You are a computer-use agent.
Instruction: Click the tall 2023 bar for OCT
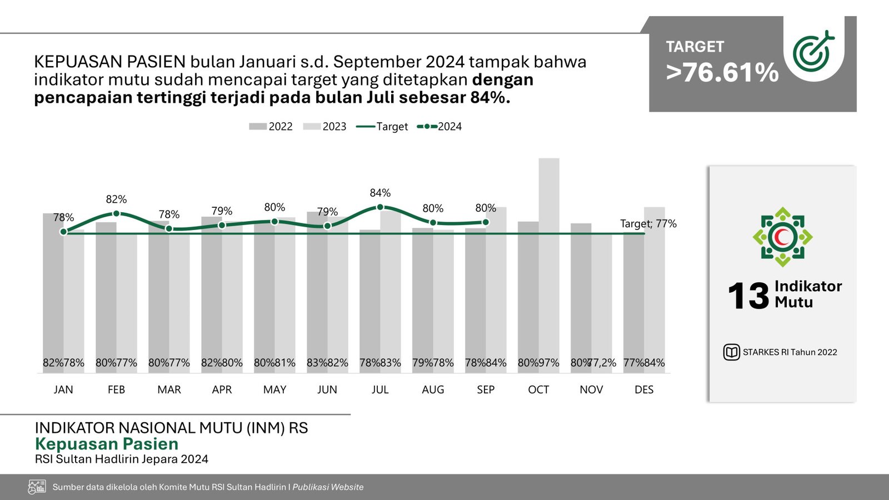[549, 261]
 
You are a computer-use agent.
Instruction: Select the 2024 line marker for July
[380, 207]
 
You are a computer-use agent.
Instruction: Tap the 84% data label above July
[380, 193]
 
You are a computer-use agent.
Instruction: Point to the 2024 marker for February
[116, 213]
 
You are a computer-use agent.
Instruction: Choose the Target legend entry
[382, 127]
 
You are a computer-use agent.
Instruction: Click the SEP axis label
[486, 389]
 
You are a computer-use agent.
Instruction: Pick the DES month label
[644, 389]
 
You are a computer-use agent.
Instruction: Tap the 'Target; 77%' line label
[648, 224]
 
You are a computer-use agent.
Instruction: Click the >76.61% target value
[722, 73]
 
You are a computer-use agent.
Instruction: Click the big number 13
[748, 296]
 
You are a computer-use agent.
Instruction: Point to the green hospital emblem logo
[782, 237]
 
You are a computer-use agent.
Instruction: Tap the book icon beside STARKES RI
[731, 352]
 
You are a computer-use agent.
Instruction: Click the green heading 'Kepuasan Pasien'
[107, 444]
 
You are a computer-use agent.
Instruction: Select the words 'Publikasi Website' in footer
[328, 487]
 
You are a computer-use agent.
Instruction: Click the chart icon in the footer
[37, 487]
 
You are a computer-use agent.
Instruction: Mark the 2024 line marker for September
[486, 222]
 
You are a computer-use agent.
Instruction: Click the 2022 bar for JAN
[53, 289]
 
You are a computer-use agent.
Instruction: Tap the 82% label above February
[116, 199]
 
